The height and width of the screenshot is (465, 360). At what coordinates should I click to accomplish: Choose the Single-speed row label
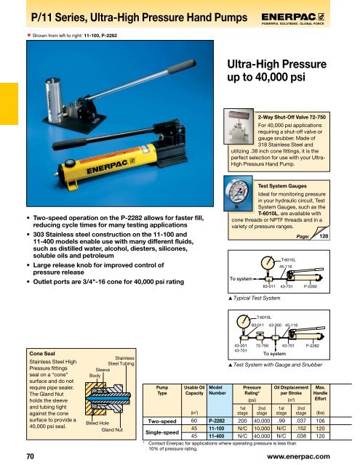[x=163, y=432]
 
